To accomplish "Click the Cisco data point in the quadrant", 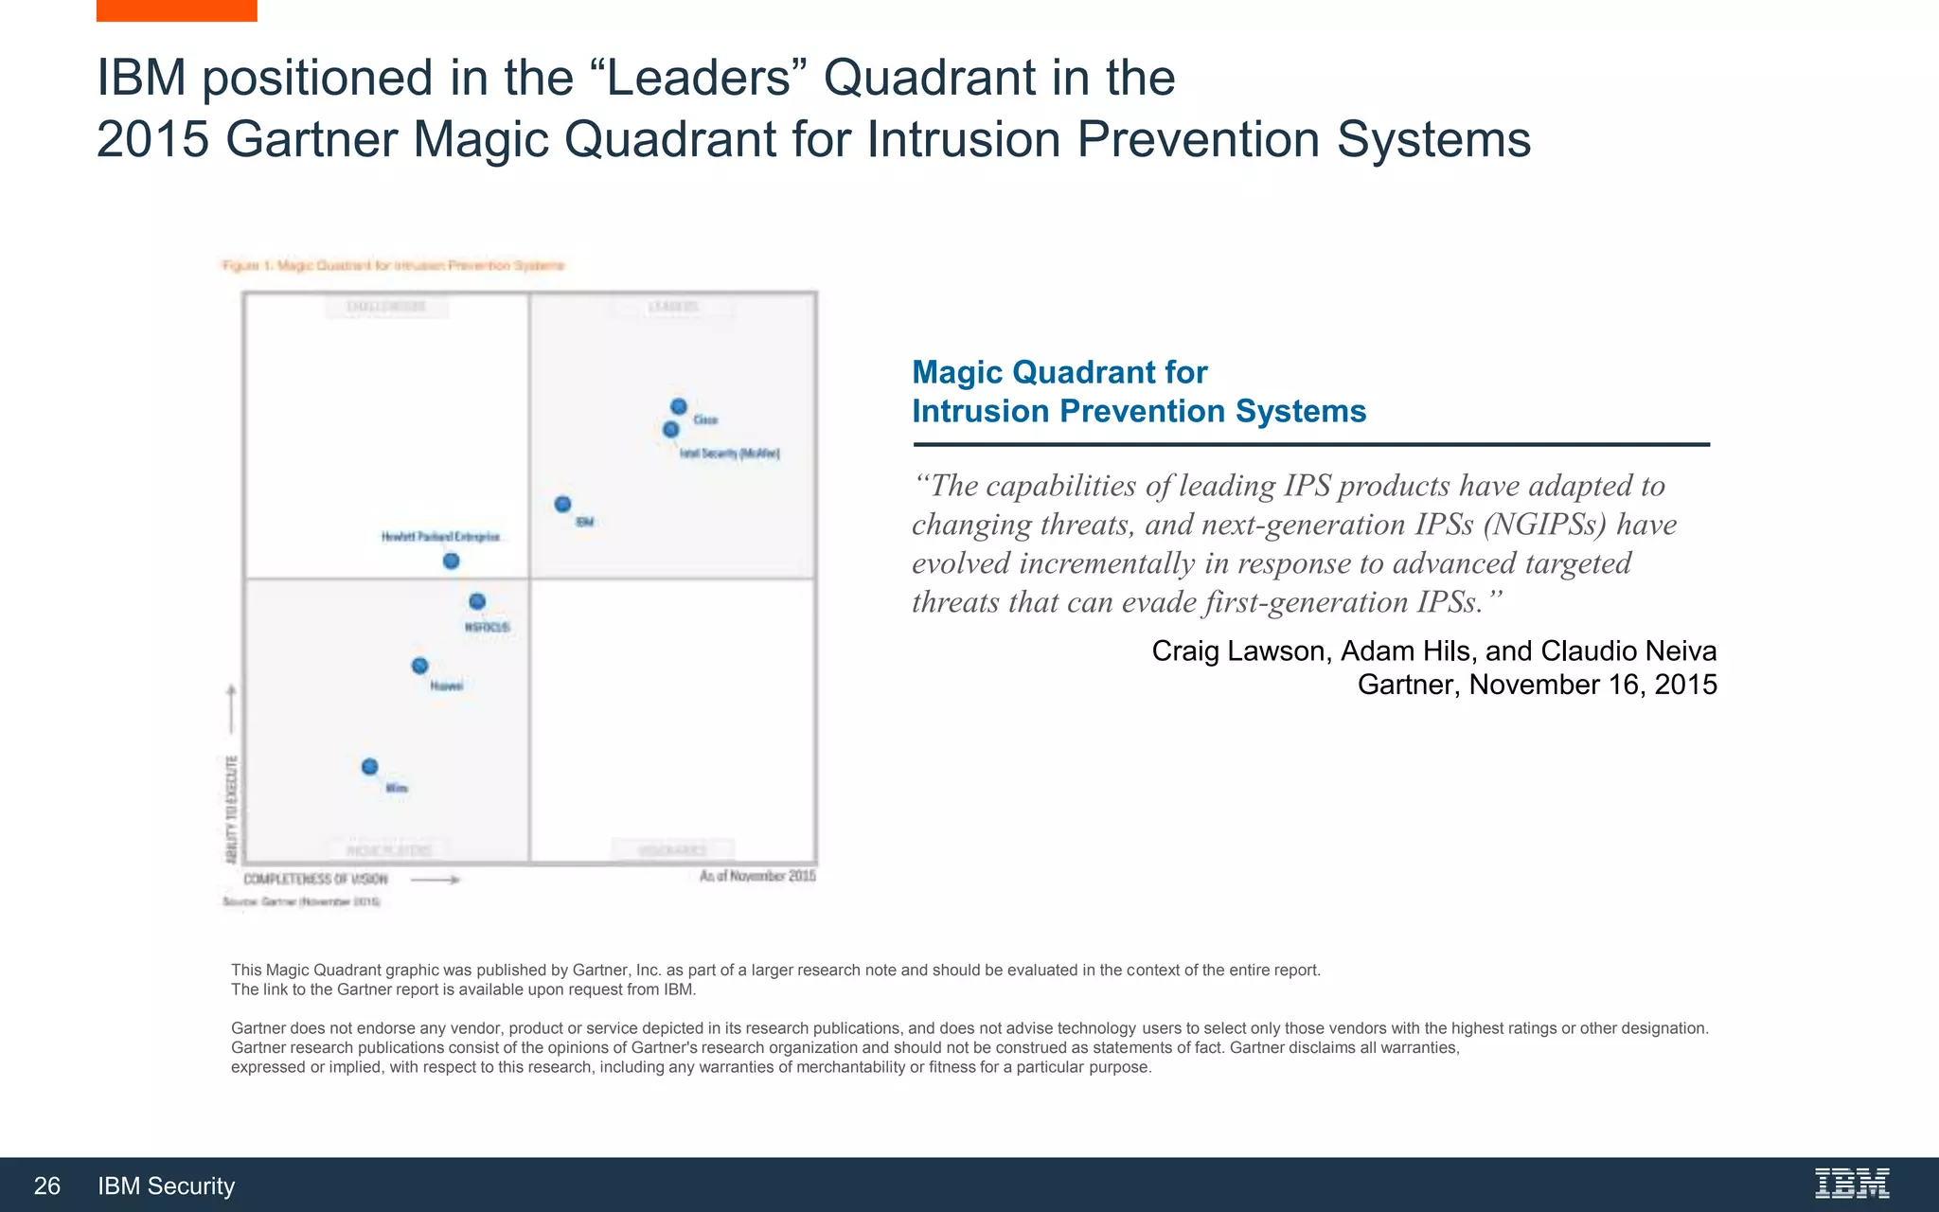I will [x=679, y=407].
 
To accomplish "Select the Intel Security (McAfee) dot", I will [x=671, y=430].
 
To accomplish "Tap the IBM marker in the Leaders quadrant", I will [x=562, y=504].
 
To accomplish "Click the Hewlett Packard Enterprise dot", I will [x=452, y=561].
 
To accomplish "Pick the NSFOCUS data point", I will [x=477, y=601].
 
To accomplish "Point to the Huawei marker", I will [x=419, y=666].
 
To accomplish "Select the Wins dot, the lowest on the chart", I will [x=370, y=766].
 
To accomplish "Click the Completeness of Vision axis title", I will [x=315, y=880].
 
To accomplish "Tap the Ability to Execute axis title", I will [x=232, y=810].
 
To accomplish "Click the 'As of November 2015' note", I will [x=757, y=876].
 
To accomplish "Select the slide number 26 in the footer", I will [x=47, y=1185].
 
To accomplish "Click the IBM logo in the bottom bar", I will [x=1852, y=1184].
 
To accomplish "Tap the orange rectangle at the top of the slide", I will [x=176, y=10].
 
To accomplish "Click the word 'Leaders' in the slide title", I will [x=699, y=78].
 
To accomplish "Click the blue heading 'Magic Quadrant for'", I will [x=1059, y=372].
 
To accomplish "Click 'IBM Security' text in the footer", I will [x=166, y=1185].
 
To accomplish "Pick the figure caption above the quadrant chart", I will [x=393, y=266].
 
